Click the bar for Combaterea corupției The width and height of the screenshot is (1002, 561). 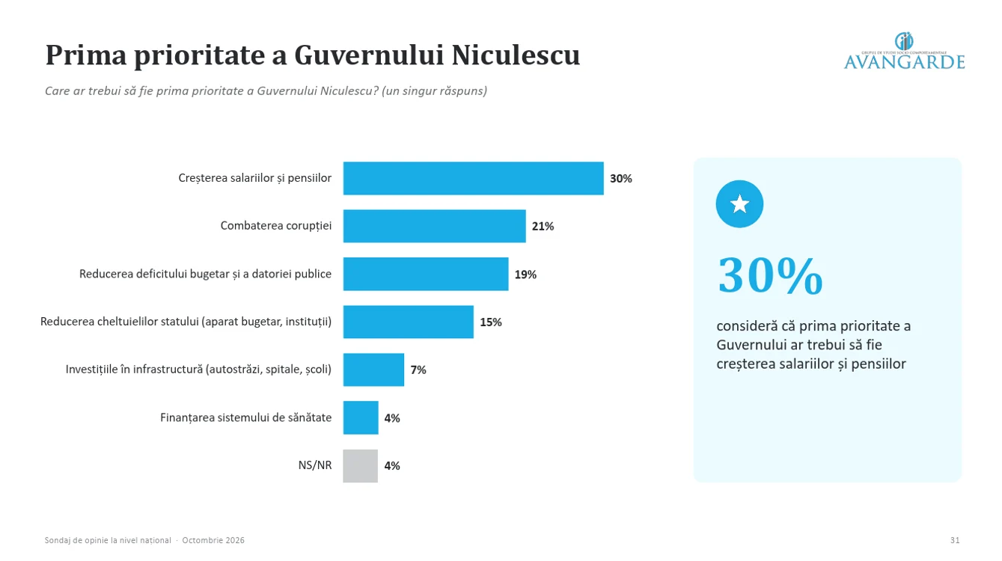(x=434, y=226)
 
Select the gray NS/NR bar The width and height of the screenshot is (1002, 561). (x=361, y=466)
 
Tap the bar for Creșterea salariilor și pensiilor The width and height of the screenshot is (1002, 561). (x=473, y=178)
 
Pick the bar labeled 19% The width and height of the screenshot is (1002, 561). (x=426, y=274)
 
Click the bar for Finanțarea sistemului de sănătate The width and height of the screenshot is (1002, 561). (x=361, y=417)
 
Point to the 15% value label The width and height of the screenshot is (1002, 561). (x=491, y=322)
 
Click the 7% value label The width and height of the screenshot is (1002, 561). (x=418, y=370)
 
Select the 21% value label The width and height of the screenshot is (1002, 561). (x=543, y=227)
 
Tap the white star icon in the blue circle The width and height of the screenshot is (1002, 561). (x=739, y=204)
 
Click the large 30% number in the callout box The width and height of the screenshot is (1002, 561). (x=770, y=275)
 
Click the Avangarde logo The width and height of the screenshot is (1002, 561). (x=904, y=52)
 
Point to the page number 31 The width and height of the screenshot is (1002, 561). (x=955, y=541)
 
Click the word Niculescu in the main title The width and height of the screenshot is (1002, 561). (x=516, y=55)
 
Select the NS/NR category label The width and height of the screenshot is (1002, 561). (x=315, y=465)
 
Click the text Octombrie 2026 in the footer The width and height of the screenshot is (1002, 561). (x=213, y=541)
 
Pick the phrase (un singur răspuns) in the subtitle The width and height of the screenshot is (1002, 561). (x=434, y=91)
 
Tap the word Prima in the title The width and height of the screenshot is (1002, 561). (x=86, y=55)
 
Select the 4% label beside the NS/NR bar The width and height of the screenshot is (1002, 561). (x=392, y=466)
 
